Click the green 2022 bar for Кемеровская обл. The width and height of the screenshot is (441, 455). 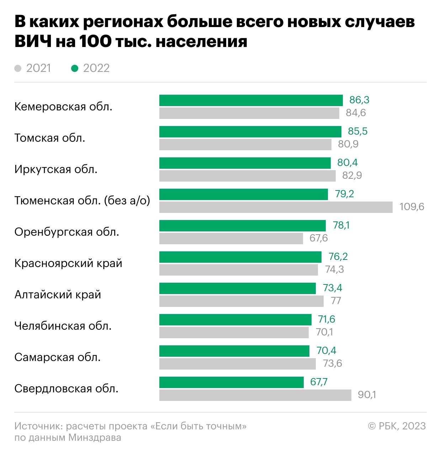click(251, 100)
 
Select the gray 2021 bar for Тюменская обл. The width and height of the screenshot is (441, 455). click(276, 207)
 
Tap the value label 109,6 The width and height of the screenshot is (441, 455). click(412, 207)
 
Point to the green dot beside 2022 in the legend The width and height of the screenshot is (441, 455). click(74, 68)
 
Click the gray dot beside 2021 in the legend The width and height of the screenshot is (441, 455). click(18, 68)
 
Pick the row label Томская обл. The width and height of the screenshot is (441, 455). click(50, 138)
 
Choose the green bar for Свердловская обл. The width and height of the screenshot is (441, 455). click(231, 382)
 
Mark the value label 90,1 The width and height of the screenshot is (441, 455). click(367, 395)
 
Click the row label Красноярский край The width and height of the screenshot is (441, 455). click(68, 263)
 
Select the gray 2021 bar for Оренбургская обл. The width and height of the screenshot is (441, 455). click(231, 239)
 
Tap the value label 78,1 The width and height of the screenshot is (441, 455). click(341, 225)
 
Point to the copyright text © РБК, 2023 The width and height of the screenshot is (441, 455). click(397, 426)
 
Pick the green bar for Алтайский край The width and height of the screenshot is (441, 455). click(237, 288)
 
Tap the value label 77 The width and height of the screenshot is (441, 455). click(336, 301)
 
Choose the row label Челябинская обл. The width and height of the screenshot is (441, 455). click(63, 326)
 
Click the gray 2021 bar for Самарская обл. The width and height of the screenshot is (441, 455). click(237, 364)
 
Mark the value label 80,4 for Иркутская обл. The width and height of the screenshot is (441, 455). click(347, 163)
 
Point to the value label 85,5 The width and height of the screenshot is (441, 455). click(357, 131)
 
